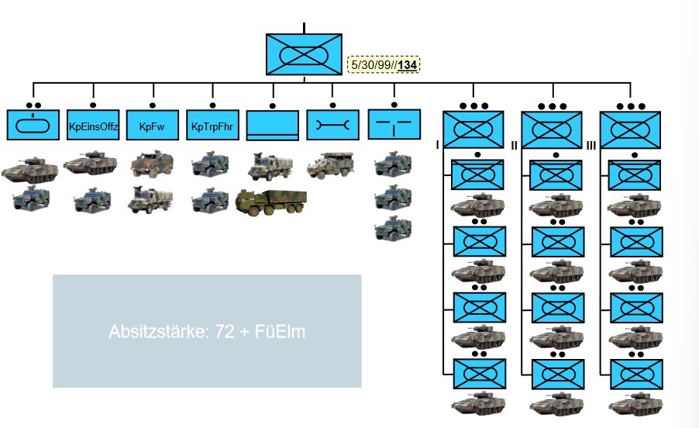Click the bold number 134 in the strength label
pos(408,65)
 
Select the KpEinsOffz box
pos(93,125)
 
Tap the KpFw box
pos(152,125)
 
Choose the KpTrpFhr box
pos(212,125)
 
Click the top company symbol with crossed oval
pos(304,55)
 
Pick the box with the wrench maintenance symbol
pos(332,125)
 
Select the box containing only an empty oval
pos(33,125)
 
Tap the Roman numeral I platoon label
pos(438,145)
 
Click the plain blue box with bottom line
pos(272,125)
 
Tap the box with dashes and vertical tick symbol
pos(394,124)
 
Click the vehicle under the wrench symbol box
pos(331,165)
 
